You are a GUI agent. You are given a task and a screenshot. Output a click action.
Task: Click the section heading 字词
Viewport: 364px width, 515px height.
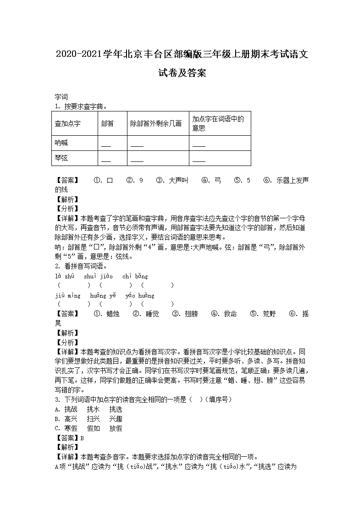(x=61, y=97)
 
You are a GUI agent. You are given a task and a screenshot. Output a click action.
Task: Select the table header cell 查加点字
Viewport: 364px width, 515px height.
(x=67, y=123)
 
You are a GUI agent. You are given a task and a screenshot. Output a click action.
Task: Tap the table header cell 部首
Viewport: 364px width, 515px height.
(x=107, y=123)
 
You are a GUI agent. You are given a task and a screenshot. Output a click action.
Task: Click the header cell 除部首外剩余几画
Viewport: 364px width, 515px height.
(x=156, y=123)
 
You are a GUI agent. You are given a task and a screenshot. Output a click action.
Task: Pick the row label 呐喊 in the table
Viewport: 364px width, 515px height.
(x=61, y=143)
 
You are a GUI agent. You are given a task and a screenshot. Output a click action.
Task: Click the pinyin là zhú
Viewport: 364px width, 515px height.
(x=64, y=276)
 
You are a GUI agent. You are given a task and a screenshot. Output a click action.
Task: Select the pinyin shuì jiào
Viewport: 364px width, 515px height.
(x=98, y=276)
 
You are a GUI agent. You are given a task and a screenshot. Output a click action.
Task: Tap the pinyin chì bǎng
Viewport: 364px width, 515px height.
(x=135, y=276)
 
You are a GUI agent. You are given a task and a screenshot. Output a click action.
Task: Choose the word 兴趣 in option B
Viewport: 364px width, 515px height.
(x=116, y=419)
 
